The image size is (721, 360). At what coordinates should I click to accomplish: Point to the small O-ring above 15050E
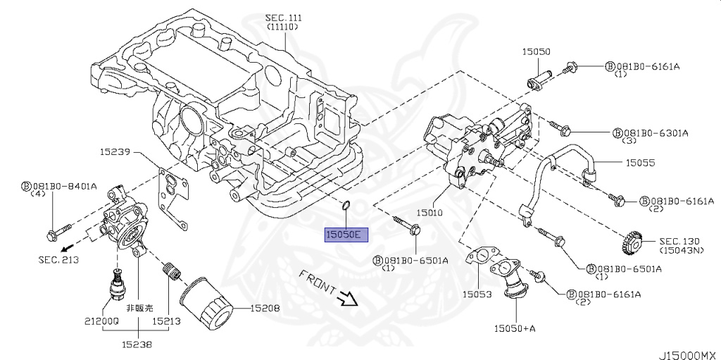tap(345, 205)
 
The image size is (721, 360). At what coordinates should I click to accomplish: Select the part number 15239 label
tap(114, 151)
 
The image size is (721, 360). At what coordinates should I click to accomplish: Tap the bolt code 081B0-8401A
tap(63, 187)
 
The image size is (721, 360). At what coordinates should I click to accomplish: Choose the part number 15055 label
tap(641, 162)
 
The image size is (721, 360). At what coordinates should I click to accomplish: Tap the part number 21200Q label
tap(102, 320)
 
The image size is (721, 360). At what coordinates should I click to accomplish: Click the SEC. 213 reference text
tap(58, 260)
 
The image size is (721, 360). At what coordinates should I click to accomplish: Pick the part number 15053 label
tap(477, 294)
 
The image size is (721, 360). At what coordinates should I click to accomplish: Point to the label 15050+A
tap(514, 328)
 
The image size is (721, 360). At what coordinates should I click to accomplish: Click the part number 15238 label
tap(135, 345)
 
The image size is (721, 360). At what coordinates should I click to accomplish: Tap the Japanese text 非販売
tap(139, 308)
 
